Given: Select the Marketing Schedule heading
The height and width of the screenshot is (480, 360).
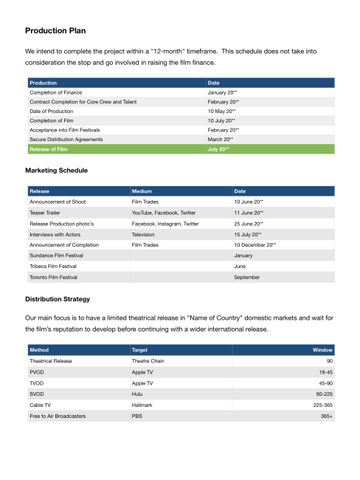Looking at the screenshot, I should coord(57,171).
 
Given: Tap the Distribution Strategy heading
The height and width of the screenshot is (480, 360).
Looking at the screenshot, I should coord(58,299).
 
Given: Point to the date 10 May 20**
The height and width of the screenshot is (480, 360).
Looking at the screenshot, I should coord(222,111).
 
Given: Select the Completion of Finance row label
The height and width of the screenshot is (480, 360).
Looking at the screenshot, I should coord(58,92).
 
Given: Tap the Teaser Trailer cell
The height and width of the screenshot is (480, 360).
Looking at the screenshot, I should coord(46,212).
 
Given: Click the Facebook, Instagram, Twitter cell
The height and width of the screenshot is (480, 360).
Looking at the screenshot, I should coord(165,222).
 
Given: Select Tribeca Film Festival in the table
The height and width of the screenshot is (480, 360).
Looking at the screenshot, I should coord(57,266).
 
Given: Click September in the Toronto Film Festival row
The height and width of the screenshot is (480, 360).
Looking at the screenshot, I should coord(246,277).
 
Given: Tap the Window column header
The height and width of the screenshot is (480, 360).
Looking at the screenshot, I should coord(323,349).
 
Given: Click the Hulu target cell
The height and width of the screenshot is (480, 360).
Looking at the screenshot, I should coord(138,394).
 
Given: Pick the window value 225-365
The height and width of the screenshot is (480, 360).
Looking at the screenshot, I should coord(322,405).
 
